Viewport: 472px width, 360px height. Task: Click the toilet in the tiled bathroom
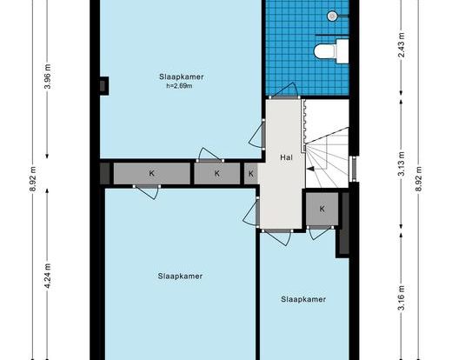pos(331,51)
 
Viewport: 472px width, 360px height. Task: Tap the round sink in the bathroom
pos(332,16)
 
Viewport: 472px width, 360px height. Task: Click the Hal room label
pos(286,157)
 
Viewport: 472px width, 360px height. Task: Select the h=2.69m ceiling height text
pos(179,86)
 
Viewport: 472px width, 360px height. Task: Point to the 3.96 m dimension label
pos(48,77)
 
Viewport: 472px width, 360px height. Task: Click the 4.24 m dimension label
pos(48,276)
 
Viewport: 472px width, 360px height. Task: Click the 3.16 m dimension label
pos(402,297)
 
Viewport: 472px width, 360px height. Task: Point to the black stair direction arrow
pos(310,169)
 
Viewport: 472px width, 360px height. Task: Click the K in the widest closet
pos(152,173)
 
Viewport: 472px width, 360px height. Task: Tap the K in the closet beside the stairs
pos(322,209)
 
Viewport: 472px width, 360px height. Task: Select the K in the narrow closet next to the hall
pos(251,174)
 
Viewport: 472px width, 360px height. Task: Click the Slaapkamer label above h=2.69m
pos(182,77)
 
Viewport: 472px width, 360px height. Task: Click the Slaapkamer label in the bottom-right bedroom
pos(303,299)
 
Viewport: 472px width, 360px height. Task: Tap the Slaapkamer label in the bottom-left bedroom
pos(180,276)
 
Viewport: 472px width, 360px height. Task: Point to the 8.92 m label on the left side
pos(33,178)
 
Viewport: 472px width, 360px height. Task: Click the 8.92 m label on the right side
pos(418,178)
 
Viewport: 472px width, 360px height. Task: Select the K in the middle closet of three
pos(217,173)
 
